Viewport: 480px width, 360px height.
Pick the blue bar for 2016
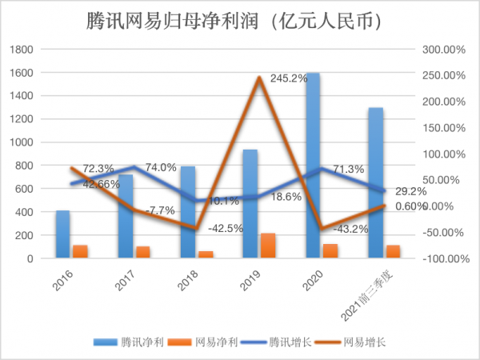point(62,234)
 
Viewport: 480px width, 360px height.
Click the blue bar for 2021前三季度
point(376,184)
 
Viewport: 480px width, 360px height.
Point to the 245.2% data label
point(289,78)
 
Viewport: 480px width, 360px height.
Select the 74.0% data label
point(160,167)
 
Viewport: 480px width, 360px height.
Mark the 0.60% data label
point(411,206)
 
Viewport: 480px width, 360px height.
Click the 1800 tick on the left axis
point(22,49)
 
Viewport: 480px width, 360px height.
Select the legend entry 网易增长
point(364,342)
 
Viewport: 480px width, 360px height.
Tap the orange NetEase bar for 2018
point(206,254)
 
